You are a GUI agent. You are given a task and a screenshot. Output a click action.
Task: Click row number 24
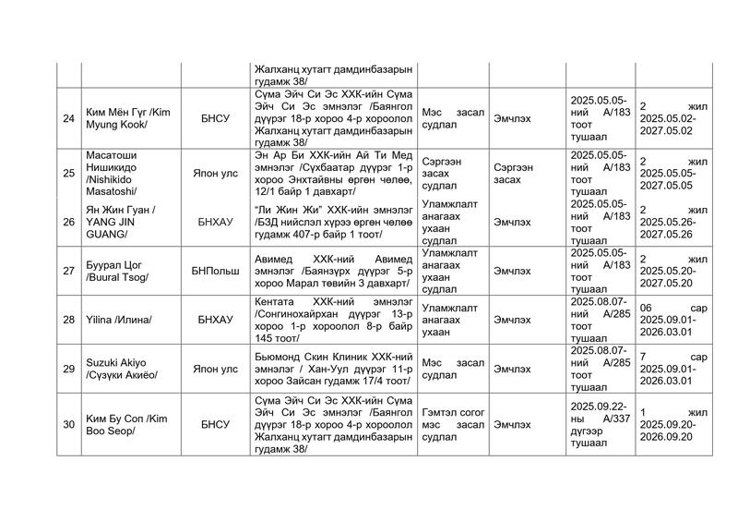click(68, 117)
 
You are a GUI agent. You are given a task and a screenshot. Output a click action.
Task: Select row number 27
click(68, 270)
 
